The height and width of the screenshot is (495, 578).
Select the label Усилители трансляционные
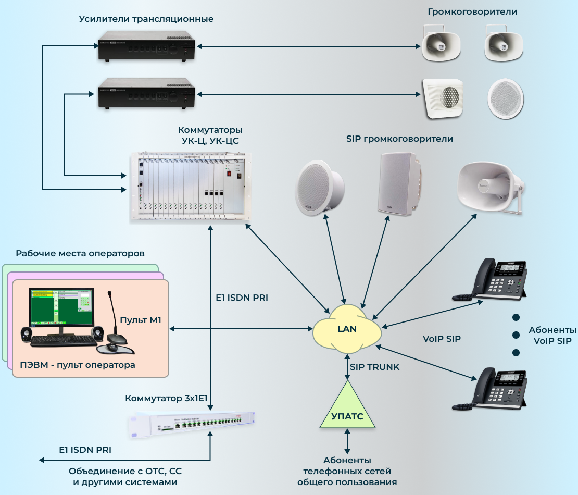pyautogui.click(x=146, y=19)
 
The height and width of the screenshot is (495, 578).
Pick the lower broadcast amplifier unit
pyautogui.click(x=146, y=94)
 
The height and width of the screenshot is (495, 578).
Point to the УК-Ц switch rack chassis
pyautogui.click(x=191, y=188)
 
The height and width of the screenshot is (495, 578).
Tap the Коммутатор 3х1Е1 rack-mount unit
pyautogui.click(x=193, y=425)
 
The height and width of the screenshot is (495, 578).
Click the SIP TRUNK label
pyautogui.click(x=375, y=367)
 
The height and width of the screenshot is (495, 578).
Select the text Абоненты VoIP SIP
pyautogui.click(x=552, y=336)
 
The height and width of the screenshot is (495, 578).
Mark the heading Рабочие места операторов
pyautogui.click(x=80, y=254)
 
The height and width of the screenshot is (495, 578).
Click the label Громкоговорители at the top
pyautogui.click(x=472, y=11)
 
